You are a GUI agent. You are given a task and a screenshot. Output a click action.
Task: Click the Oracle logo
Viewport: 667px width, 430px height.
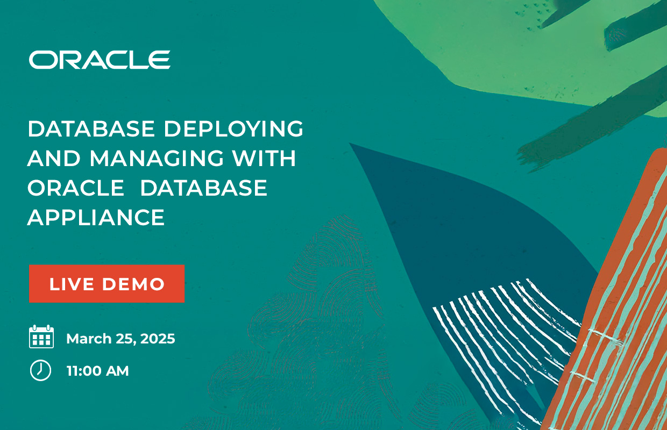coord(100,60)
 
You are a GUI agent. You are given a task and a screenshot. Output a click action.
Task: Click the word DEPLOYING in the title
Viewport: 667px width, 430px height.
coord(234,129)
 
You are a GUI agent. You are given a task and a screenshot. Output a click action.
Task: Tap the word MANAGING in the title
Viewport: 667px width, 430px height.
coord(157,158)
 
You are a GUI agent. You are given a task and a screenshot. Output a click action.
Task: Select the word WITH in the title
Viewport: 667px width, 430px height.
coord(265,158)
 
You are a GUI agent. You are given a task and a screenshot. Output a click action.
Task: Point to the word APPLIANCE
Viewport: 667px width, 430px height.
coord(96,218)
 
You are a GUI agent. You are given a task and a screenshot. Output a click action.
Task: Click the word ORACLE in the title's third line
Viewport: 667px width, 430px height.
coord(76,188)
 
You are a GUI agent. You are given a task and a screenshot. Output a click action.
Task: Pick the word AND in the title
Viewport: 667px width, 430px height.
coord(54,158)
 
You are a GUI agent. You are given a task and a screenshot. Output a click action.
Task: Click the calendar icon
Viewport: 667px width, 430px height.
coord(41,336)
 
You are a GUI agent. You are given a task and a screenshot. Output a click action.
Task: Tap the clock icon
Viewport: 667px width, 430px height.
coord(40,370)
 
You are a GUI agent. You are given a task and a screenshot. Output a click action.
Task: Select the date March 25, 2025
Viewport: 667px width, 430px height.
coord(120,339)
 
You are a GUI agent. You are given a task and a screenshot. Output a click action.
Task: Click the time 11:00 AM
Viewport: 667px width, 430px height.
coord(98,371)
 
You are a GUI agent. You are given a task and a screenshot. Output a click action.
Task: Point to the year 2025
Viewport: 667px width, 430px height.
coord(158,339)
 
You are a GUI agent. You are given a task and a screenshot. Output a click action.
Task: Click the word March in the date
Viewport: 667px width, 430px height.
coord(89,339)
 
